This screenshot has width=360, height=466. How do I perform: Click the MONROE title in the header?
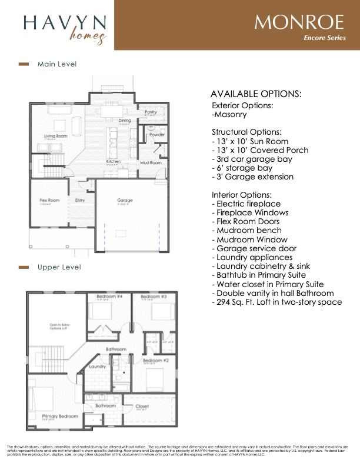point(299,22)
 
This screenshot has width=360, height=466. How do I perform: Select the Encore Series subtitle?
point(325,38)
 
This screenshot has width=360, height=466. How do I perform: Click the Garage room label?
point(125,201)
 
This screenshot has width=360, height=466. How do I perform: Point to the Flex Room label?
point(49,201)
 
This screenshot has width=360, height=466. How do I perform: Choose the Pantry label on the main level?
point(151,112)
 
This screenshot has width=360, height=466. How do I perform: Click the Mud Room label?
point(151,162)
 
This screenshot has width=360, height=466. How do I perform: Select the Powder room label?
point(156,135)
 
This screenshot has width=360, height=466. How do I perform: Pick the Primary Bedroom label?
point(60,416)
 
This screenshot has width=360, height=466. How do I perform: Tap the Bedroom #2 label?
point(156,360)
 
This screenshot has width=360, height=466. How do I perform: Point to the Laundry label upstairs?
point(96,367)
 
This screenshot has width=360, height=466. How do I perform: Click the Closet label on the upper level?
point(142,406)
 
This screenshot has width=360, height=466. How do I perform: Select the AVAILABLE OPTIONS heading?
point(256,94)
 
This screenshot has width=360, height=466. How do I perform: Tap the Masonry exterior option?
point(229,114)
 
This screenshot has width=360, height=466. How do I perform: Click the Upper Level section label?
point(59,267)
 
